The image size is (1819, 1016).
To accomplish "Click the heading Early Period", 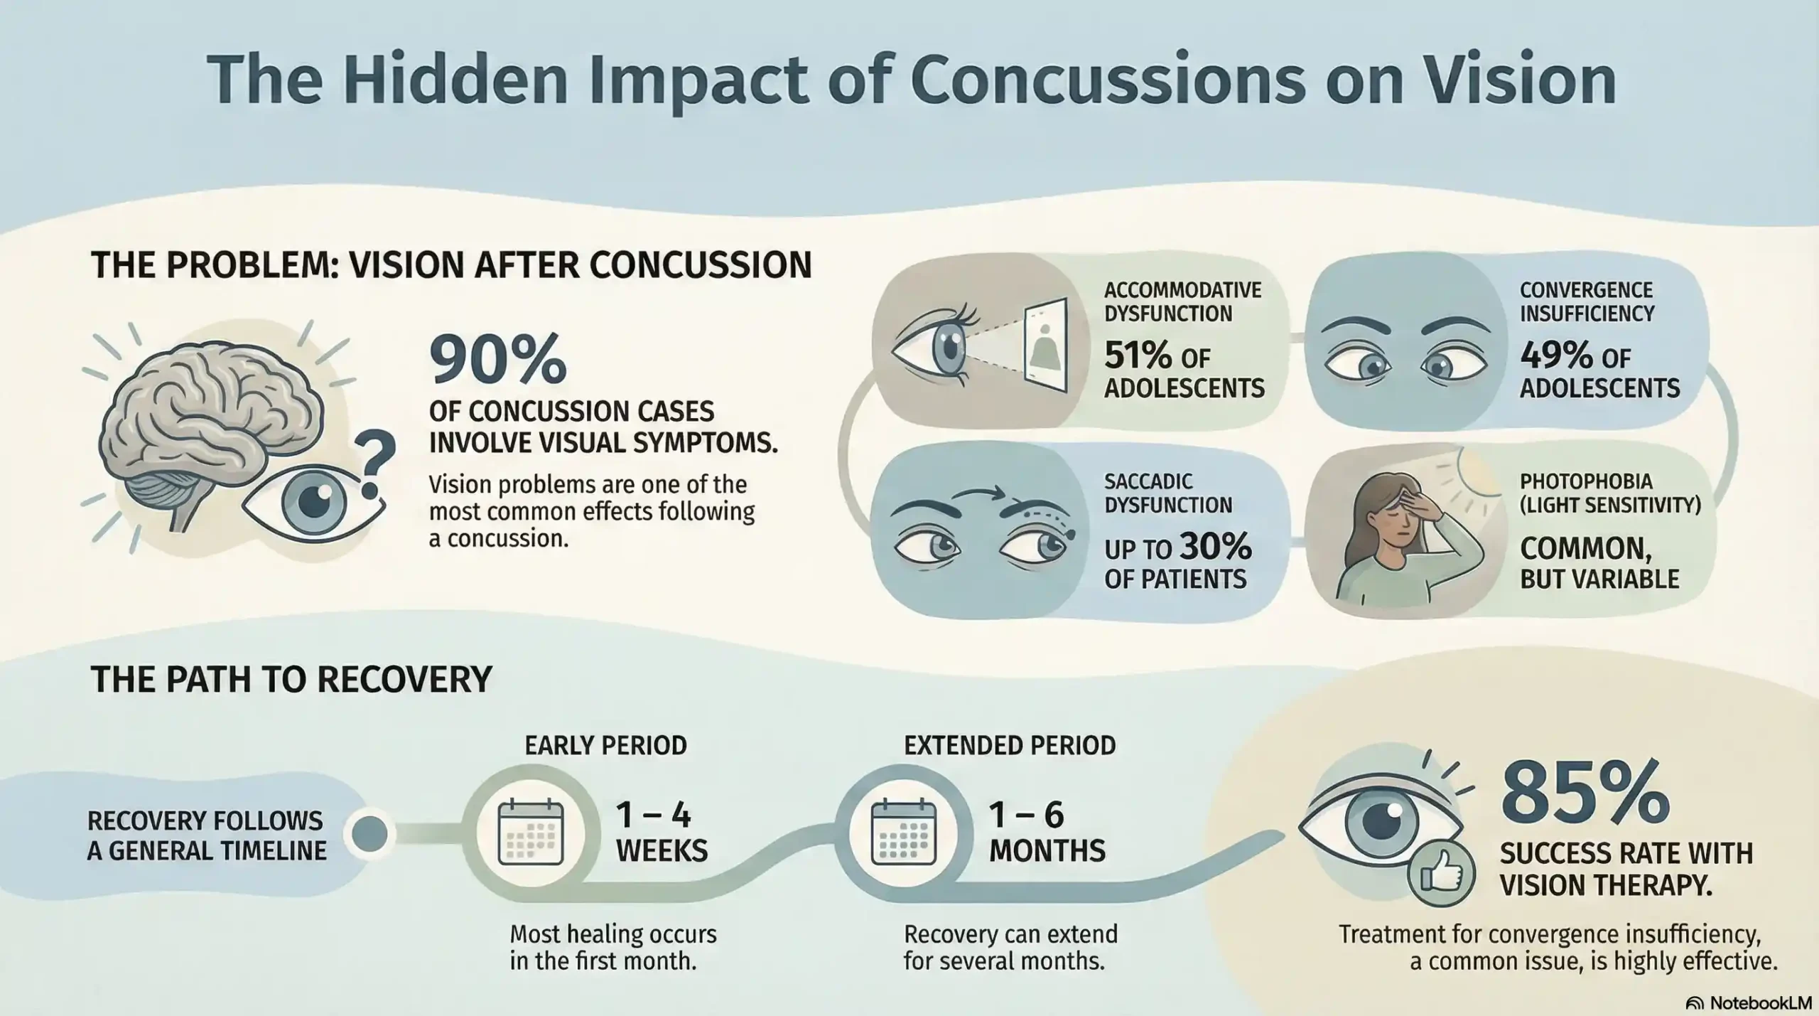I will coord(605,745).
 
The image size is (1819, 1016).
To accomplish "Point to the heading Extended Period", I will coord(1010,745).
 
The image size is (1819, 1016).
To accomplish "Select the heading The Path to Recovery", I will coord(291,679).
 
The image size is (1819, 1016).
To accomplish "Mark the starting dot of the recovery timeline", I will coord(370,832).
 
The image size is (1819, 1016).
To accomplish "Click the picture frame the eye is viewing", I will coord(1047,344).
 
